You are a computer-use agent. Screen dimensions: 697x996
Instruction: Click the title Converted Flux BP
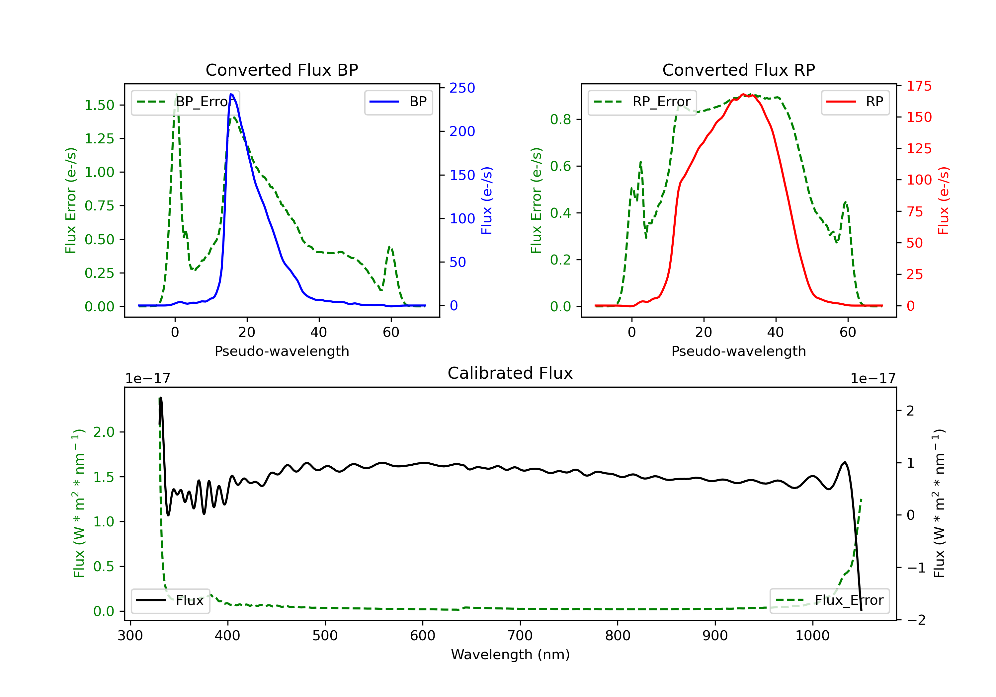coord(282,70)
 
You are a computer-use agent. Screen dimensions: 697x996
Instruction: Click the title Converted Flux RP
coord(738,70)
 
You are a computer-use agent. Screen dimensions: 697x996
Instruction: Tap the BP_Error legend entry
coord(186,102)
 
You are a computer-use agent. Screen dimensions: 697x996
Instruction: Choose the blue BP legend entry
coord(398,102)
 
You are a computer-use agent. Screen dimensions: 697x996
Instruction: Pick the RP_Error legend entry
coord(642,102)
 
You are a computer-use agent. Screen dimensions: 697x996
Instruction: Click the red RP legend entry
coord(855,102)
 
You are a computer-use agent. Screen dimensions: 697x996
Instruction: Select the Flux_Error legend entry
coord(829,600)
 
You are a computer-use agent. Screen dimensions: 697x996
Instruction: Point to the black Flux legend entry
coord(171,600)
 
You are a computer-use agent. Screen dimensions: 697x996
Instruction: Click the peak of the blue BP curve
coord(231,95)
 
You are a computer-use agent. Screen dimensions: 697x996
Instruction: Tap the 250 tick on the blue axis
coord(462,88)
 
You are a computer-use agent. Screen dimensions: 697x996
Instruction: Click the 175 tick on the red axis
coord(919,86)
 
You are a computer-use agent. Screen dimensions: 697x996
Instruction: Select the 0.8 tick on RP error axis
coord(560,119)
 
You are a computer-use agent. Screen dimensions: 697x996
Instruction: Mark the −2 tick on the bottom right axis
coord(917,620)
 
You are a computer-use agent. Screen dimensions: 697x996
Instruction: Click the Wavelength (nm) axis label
coord(510,655)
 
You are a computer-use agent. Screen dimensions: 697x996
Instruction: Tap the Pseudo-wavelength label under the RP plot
coord(738,351)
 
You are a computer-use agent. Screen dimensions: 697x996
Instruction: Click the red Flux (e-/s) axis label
coord(943,200)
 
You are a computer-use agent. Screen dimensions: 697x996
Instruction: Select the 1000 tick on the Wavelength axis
coord(812,636)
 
